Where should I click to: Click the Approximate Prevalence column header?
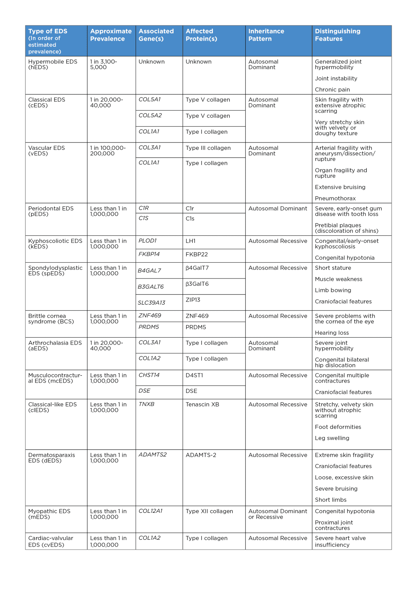click(111, 35)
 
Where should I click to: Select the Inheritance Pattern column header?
click(266, 35)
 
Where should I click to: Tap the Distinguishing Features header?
click(338, 35)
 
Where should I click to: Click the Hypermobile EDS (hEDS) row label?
click(53, 65)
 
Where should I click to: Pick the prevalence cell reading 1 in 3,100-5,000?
click(103, 65)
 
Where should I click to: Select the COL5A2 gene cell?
click(150, 115)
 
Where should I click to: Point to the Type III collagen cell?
click(208, 148)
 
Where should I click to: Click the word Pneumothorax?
click(335, 199)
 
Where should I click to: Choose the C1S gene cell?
click(144, 218)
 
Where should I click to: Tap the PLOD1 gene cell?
click(147, 241)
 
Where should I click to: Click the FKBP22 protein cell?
click(197, 254)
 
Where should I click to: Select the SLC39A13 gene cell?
click(151, 303)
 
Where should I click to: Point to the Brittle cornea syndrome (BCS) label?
click(51, 319)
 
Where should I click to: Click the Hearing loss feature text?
click(332, 333)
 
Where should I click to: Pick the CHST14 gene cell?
click(149, 375)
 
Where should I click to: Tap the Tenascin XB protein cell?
click(202, 404)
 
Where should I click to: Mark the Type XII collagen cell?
click(209, 511)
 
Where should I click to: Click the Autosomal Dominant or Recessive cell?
click(278, 514)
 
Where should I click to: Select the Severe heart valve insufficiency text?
click(340, 542)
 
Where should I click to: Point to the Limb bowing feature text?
click(333, 290)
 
